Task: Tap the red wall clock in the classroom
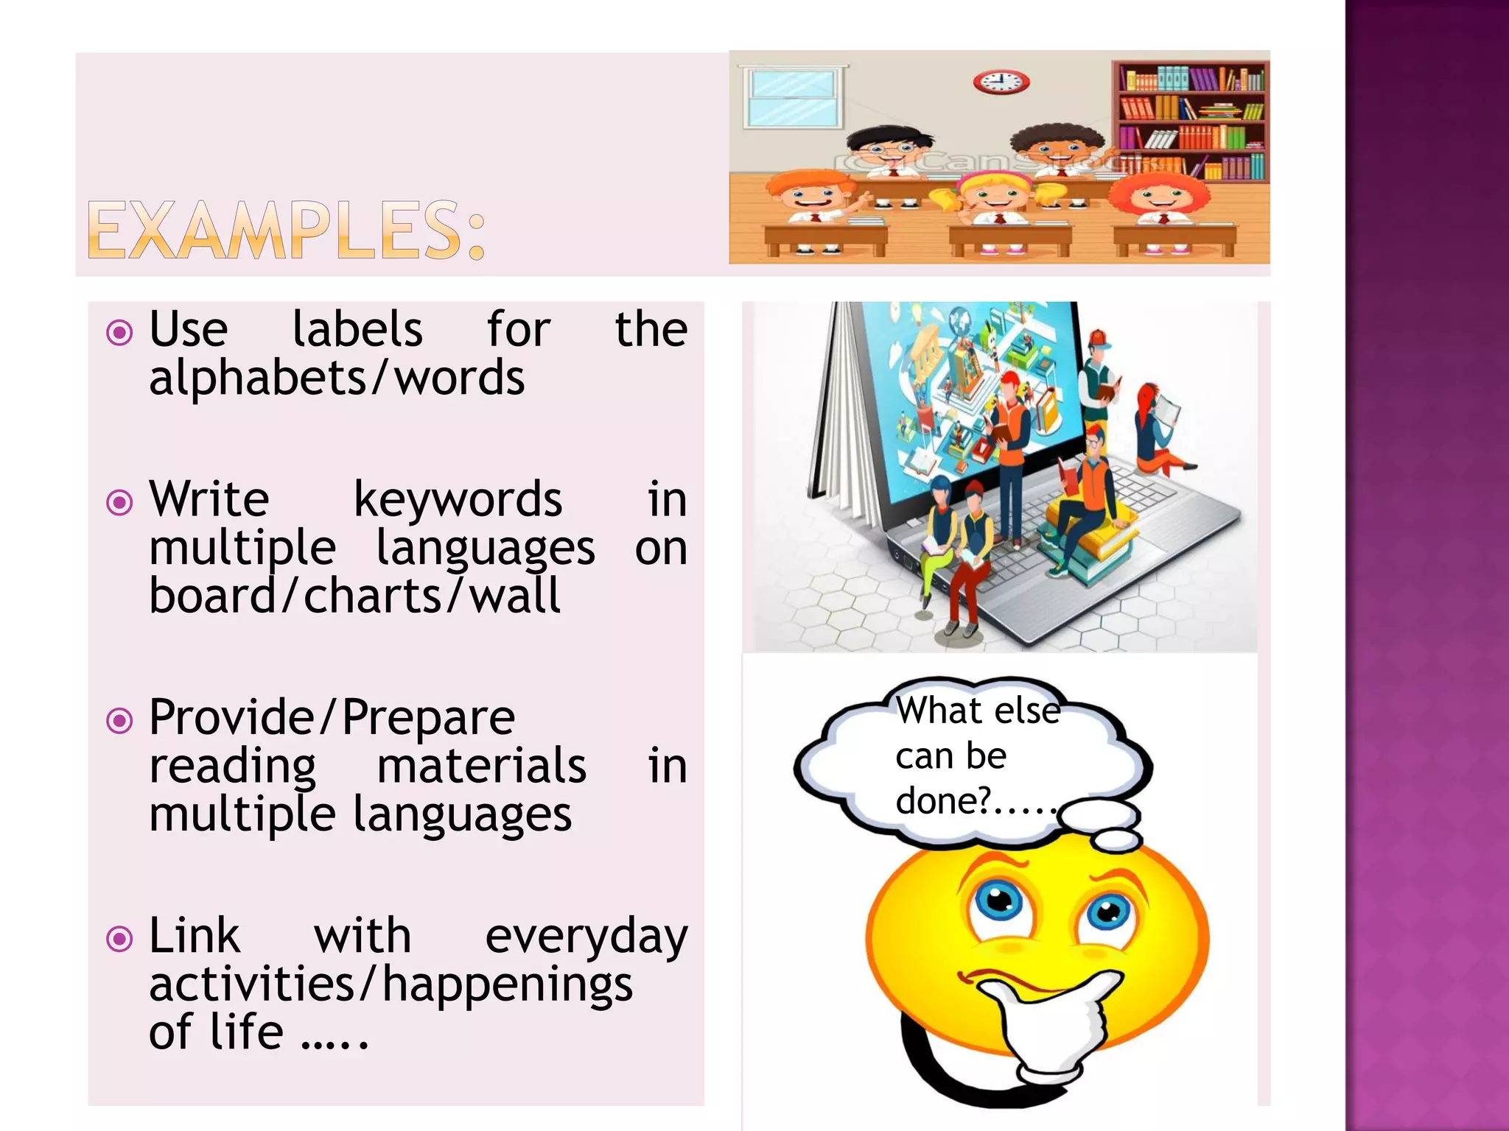(1001, 82)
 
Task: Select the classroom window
(792, 98)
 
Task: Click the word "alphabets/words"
(337, 378)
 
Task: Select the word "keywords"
(458, 499)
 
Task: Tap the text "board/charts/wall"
(354, 596)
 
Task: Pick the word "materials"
(481, 766)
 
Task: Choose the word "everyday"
(586, 937)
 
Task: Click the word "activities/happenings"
(391, 984)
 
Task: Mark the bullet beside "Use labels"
(119, 333)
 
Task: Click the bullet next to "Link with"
(119, 940)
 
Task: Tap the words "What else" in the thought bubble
(978, 711)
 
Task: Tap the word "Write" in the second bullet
(209, 499)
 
